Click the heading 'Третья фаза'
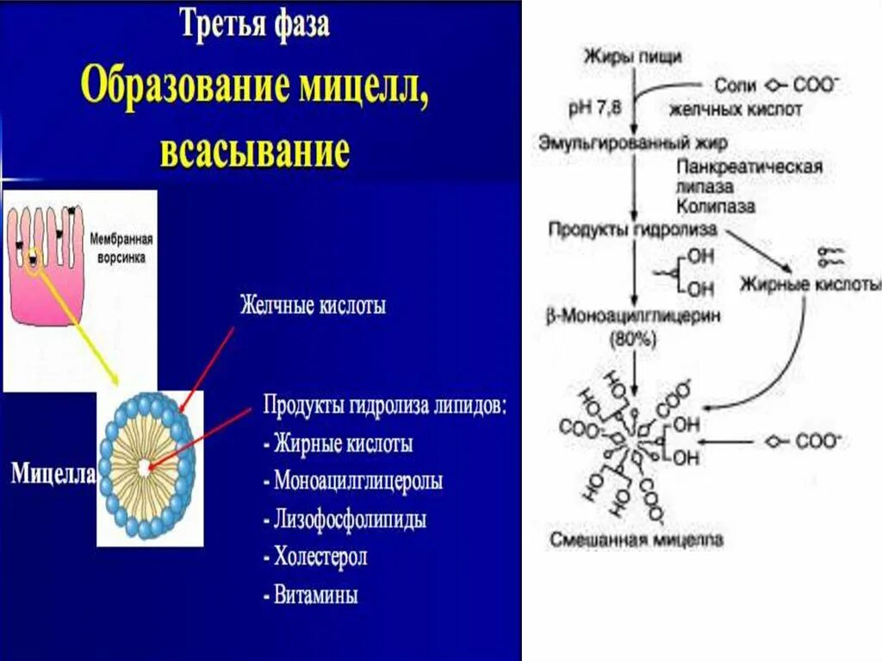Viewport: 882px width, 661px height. [254, 23]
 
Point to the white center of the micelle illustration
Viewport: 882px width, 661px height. [143, 466]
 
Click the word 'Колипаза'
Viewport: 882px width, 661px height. [716, 207]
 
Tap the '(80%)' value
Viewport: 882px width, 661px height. [634, 339]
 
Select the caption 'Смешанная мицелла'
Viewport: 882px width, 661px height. [637, 541]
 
